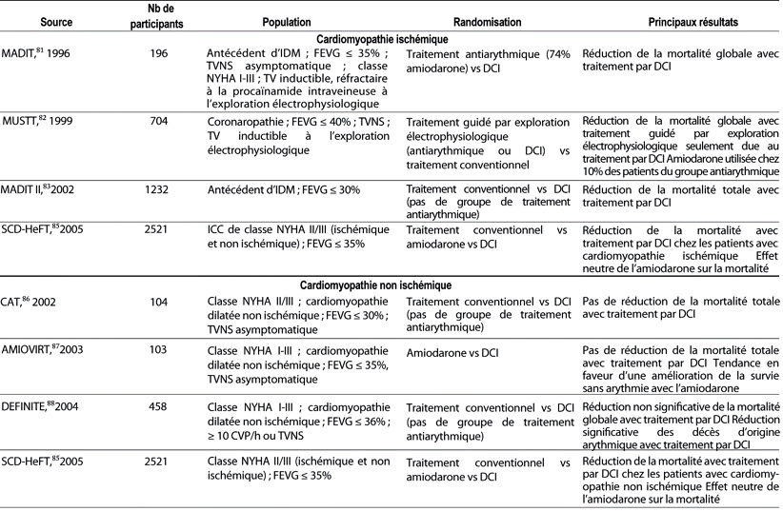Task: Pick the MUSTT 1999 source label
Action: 36,121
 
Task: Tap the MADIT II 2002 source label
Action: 42,190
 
